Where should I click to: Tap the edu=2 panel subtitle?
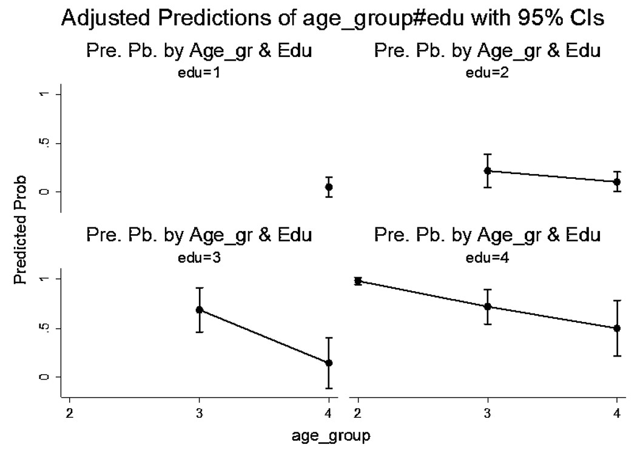click(487, 74)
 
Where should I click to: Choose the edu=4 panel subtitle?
click(487, 258)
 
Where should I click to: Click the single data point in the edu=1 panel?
click(329, 187)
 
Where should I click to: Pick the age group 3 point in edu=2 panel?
click(487, 171)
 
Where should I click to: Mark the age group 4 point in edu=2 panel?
click(617, 181)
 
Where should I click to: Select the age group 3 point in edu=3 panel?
click(199, 310)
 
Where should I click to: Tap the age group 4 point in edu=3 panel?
click(329, 363)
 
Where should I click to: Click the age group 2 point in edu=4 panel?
click(358, 281)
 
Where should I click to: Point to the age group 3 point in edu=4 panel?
click(487, 307)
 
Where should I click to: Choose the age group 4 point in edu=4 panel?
click(617, 328)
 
